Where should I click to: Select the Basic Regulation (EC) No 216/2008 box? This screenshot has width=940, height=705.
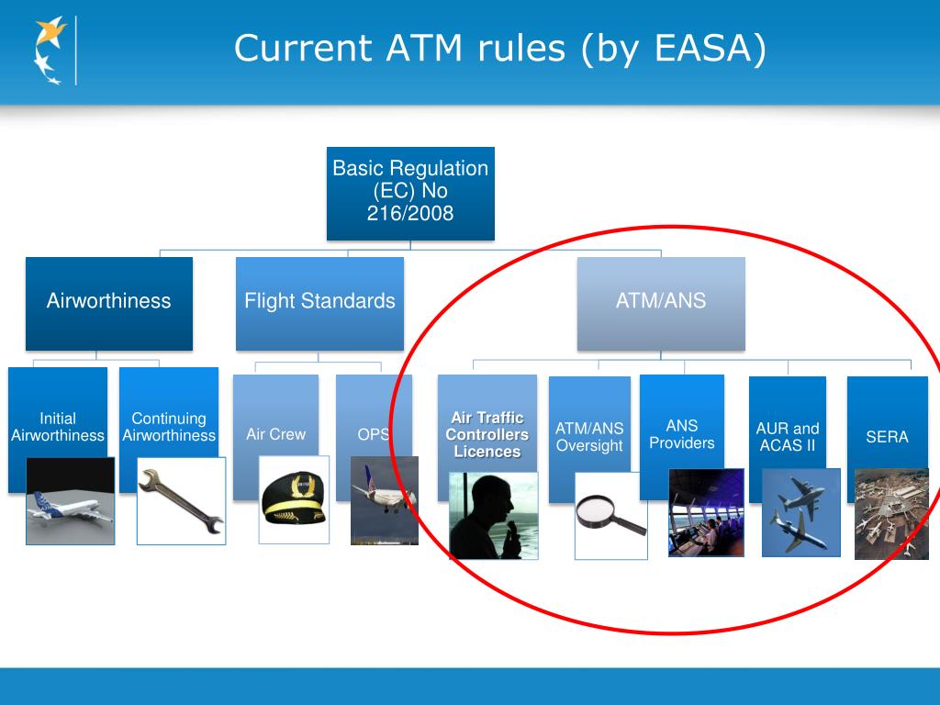(410, 192)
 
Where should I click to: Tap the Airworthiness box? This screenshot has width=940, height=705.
(109, 301)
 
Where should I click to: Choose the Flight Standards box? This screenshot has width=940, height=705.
(319, 301)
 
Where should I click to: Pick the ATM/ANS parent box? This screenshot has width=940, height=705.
(661, 301)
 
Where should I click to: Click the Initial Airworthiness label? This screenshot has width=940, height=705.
(58, 427)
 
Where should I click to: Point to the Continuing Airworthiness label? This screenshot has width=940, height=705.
(169, 427)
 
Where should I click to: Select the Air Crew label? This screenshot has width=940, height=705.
(275, 434)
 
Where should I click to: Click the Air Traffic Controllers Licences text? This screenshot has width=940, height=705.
(487, 435)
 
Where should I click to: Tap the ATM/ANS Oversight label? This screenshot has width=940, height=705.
(589, 437)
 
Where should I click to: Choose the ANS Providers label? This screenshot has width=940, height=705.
(682, 434)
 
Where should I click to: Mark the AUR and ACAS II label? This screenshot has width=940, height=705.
(788, 437)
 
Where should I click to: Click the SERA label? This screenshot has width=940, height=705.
(887, 437)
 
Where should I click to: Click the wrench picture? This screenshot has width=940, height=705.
(181, 500)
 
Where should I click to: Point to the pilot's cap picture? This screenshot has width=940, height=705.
(293, 499)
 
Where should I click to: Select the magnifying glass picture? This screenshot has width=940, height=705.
(610, 515)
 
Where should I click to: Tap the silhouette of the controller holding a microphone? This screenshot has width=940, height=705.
(493, 515)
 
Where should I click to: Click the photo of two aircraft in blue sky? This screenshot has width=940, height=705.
(800, 512)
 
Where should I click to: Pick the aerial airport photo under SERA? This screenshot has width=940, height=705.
(890, 513)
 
